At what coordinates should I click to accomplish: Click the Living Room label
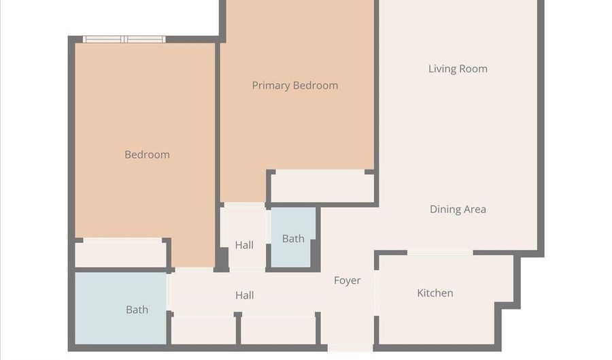click(x=458, y=69)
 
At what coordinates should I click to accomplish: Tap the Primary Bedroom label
click(x=295, y=86)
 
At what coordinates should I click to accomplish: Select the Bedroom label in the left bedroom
click(x=147, y=154)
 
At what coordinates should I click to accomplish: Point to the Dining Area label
click(x=458, y=210)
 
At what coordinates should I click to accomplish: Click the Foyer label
click(x=347, y=280)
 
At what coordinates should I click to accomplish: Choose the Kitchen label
click(x=435, y=293)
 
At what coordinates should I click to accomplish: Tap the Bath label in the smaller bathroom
click(x=293, y=239)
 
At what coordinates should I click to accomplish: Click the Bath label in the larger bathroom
click(x=137, y=310)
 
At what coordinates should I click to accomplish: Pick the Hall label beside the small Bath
click(x=244, y=245)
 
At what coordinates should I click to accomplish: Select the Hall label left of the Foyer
click(x=245, y=295)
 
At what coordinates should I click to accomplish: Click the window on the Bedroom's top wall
click(x=124, y=39)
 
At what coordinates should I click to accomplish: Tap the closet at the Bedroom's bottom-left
click(x=120, y=254)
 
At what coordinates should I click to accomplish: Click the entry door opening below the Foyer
click(x=350, y=348)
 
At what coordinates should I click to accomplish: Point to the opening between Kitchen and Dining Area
click(x=440, y=253)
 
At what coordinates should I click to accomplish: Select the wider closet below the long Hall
click(x=278, y=330)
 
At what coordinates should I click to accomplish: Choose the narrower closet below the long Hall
click(x=203, y=330)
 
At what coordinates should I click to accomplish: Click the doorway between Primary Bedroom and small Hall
click(x=245, y=205)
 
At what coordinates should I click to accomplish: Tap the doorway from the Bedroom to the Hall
click(x=194, y=269)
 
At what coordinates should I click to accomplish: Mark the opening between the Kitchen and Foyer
click(x=376, y=293)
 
